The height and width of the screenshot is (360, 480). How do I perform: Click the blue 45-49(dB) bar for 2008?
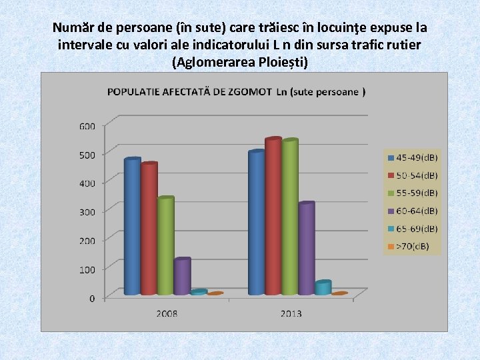tap(132, 227)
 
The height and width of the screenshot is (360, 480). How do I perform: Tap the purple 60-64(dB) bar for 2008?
tap(181, 277)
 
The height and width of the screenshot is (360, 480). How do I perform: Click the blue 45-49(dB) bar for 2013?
tap(256, 223)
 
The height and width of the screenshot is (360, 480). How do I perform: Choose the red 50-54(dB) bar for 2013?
tap(273, 217)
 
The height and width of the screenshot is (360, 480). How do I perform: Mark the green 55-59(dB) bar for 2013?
tap(289, 217)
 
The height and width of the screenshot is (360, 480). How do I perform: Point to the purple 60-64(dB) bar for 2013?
tap(305, 248)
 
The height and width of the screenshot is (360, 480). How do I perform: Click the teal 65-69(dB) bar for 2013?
tap(322, 287)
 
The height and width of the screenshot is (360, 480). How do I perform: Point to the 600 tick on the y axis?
tap(87, 125)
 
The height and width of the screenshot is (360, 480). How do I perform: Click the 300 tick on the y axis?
tap(87, 211)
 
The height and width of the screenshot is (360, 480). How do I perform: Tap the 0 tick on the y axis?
tap(92, 298)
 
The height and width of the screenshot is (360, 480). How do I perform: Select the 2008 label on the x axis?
tap(167, 313)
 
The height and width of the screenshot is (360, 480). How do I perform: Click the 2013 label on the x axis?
tap(291, 313)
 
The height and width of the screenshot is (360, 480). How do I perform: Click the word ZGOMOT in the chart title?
tap(249, 91)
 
